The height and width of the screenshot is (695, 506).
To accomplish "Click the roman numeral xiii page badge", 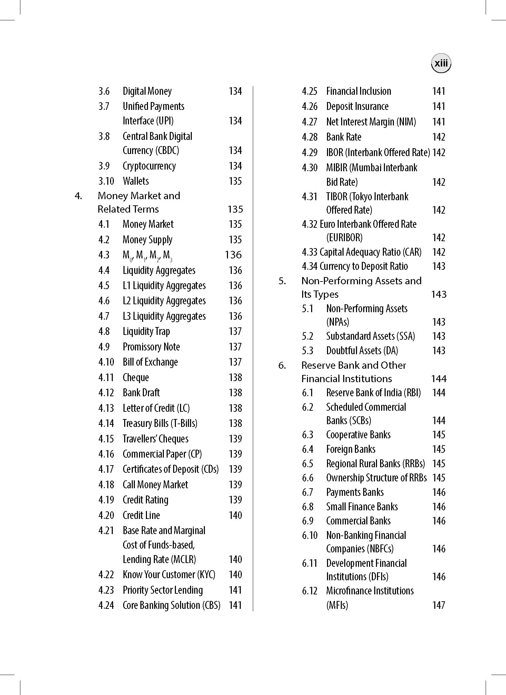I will pyautogui.click(x=441, y=63).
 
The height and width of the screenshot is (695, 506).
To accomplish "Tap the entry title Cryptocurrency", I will pyautogui.click(x=149, y=166).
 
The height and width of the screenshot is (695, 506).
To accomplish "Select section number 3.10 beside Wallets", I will pyautogui.click(x=106, y=181).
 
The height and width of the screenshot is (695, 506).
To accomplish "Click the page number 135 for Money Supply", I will pyautogui.click(x=235, y=240).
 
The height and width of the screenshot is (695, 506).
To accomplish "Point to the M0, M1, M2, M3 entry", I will pyautogui.click(x=147, y=255).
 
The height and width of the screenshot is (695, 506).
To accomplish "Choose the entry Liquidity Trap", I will pyautogui.click(x=146, y=331).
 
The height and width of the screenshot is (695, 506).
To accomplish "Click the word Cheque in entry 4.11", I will pyautogui.click(x=136, y=378).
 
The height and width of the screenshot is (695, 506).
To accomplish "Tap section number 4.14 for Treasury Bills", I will pyautogui.click(x=106, y=423).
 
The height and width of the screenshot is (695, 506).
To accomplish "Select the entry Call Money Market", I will pyautogui.click(x=155, y=485).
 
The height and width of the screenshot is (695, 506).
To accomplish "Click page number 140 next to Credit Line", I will pyautogui.click(x=235, y=515).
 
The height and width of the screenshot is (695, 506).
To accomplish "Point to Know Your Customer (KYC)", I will pyautogui.click(x=169, y=575).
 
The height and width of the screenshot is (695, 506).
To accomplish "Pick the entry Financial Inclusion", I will pyautogui.click(x=358, y=91).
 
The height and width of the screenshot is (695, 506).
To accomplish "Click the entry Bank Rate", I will pyautogui.click(x=344, y=137).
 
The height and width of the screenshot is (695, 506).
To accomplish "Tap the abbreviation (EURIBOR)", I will pyautogui.click(x=344, y=238).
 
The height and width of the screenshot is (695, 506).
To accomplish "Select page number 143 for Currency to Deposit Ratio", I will pyautogui.click(x=439, y=266).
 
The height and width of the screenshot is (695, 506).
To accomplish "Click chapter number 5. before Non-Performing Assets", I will pyautogui.click(x=282, y=281).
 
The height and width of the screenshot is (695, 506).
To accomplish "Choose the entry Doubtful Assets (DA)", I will pyautogui.click(x=362, y=351).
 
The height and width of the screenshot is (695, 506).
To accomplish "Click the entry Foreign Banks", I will pyautogui.click(x=350, y=449).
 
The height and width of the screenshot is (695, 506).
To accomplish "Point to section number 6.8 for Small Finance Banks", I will pyautogui.click(x=307, y=507).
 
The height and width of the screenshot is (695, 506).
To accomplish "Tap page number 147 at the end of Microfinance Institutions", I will pyautogui.click(x=439, y=605).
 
